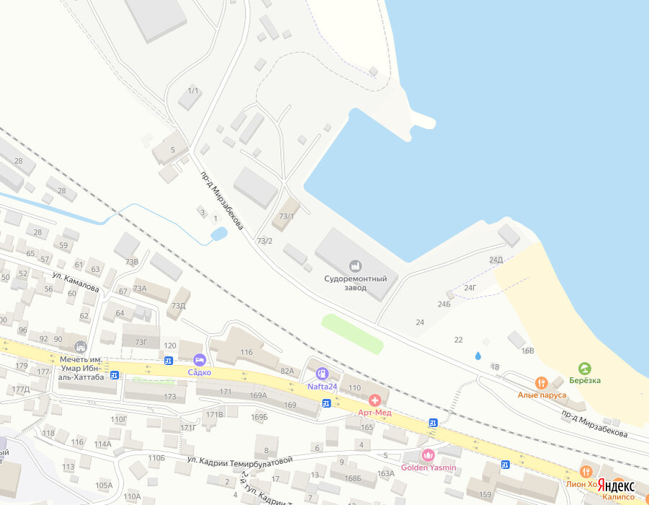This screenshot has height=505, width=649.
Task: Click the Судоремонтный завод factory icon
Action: tap(355, 265)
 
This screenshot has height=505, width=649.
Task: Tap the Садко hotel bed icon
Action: tap(200, 359)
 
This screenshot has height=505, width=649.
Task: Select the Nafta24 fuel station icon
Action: tap(322, 374)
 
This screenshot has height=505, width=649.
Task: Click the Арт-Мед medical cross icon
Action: tap(375, 400)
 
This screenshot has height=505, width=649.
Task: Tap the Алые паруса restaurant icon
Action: tap(542, 382)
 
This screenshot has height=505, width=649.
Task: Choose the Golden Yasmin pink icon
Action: tap(428, 455)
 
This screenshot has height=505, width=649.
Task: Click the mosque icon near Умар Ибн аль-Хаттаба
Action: tap(79, 347)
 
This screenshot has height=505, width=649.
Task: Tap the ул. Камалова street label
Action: tap(75, 281)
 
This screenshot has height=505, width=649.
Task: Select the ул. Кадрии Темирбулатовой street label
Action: tap(240, 460)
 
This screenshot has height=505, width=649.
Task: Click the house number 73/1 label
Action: tap(287, 216)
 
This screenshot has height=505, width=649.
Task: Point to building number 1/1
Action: tap(192, 90)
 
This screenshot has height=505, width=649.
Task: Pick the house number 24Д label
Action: tap(496, 260)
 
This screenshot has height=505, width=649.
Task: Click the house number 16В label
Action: tap(528, 351)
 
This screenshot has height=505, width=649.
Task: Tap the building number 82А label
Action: tap(287, 371)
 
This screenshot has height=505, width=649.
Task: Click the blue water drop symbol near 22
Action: tap(477, 356)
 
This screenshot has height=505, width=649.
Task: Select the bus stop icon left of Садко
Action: tap(169, 361)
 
